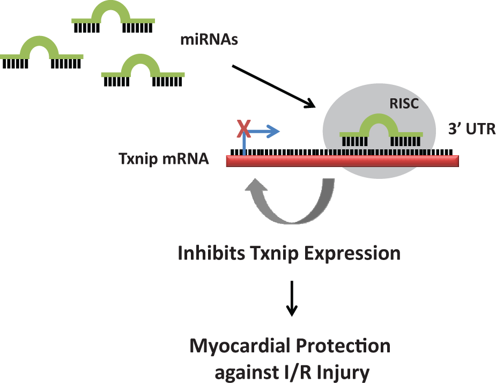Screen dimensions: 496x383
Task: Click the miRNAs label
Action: (209, 40)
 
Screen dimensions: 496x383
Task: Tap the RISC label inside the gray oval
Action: (404, 104)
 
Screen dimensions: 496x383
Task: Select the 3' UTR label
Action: (472, 129)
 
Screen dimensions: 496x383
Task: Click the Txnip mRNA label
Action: (164, 158)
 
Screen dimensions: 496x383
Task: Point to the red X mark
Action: (244, 128)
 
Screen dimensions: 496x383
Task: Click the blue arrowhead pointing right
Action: (273, 131)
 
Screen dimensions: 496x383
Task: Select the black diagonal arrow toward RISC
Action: (273, 86)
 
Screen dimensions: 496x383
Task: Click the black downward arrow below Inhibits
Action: (292, 299)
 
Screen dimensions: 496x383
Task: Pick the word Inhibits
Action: (211, 253)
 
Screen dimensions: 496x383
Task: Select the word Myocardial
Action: (240, 346)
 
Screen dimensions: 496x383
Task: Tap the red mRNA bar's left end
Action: (227, 161)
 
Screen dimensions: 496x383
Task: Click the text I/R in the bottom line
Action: (298, 372)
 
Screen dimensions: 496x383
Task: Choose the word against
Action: (247, 373)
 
